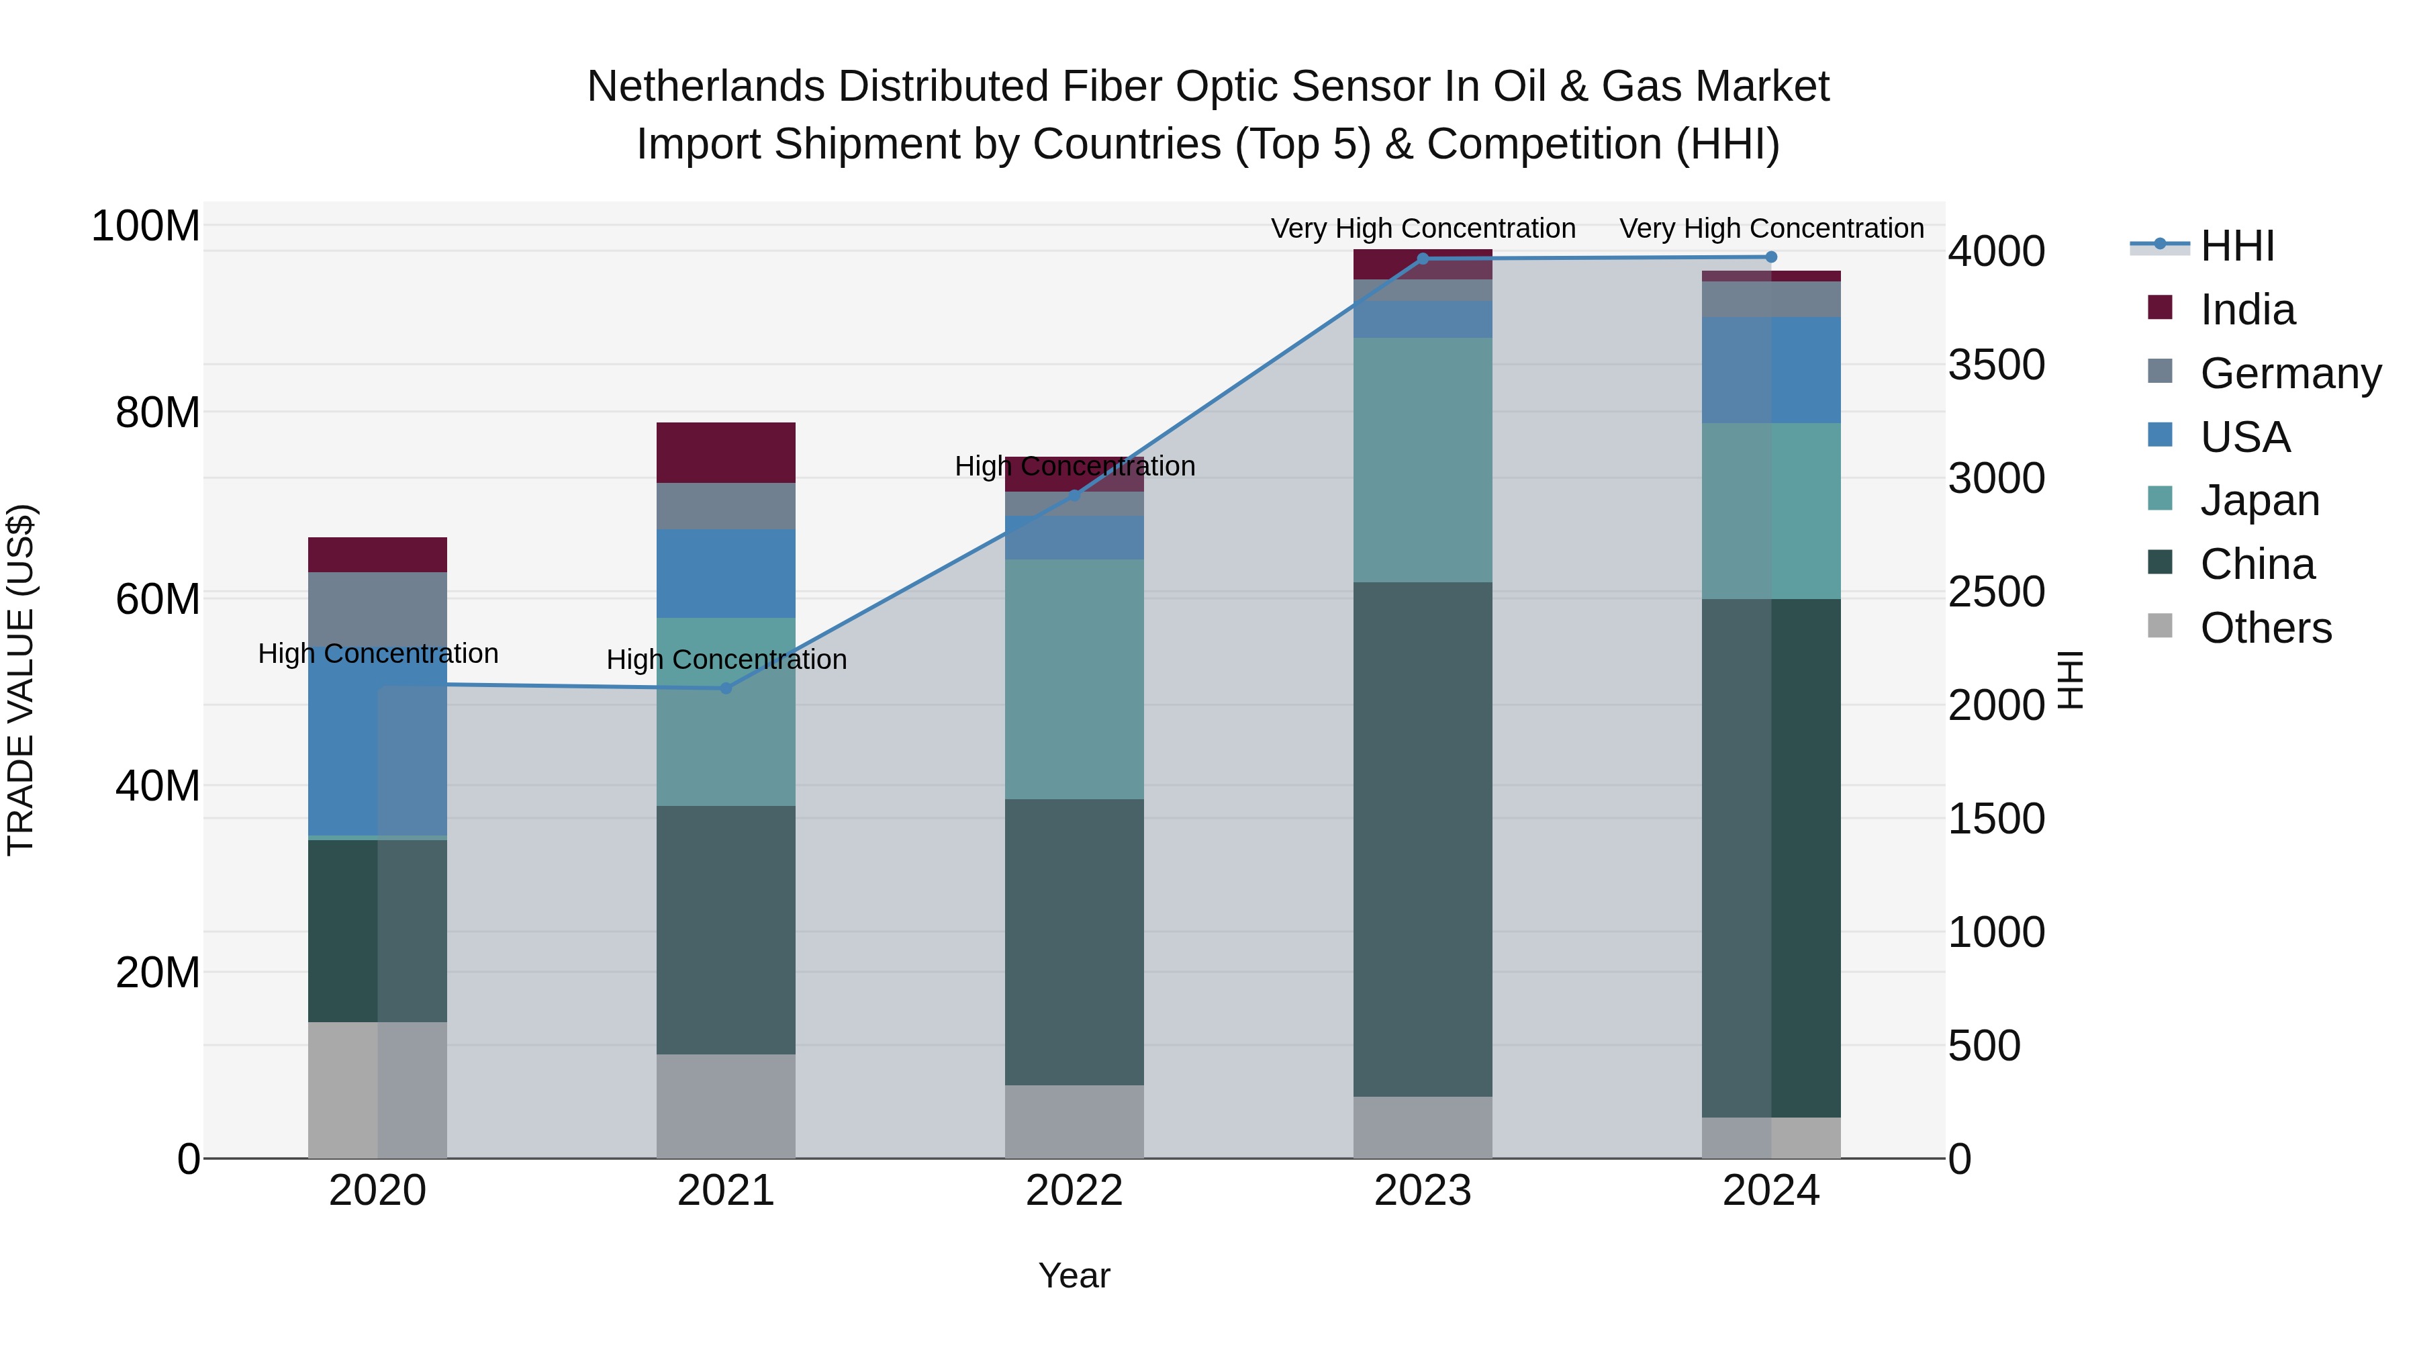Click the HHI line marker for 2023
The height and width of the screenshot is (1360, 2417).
click(1423, 259)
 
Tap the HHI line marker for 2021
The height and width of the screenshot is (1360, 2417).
click(725, 688)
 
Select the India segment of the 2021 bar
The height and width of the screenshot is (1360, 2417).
click(725, 453)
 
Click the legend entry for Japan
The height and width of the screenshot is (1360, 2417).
click(2259, 500)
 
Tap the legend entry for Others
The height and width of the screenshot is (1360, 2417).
click(2265, 628)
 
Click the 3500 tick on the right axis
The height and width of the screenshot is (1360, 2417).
click(1996, 365)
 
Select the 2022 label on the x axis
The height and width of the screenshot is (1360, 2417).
click(1074, 1191)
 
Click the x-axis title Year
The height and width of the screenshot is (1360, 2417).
click(1074, 1275)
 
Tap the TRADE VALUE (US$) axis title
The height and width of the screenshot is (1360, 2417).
click(21, 680)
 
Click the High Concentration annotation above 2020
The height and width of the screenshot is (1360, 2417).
click(377, 653)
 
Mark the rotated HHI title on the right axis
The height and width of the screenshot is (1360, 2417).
click(2070, 680)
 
